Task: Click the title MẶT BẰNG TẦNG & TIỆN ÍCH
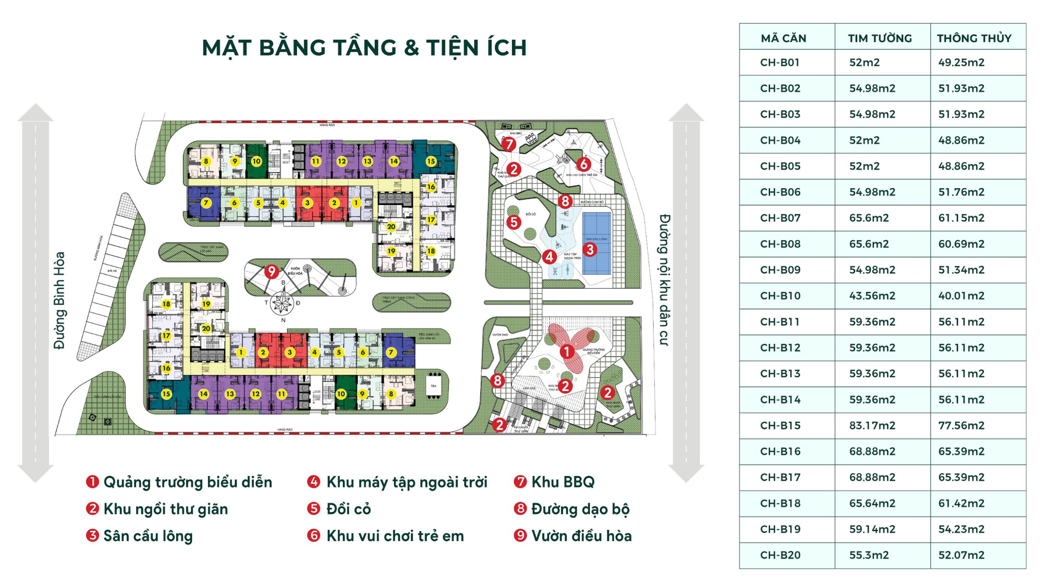click(x=364, y=48)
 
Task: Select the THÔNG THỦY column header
click(x=974, y=38)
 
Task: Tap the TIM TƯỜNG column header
click(x=880, y=38)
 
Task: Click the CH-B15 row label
click(x=780, y=425)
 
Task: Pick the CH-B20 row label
click(x=780, y=555)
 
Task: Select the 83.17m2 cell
click(x=872, y=425)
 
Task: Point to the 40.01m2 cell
click(x=961, y=296)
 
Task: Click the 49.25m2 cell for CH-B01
click(x=961, y=62)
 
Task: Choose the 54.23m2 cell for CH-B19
click(x=961, y=529)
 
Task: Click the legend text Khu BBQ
click(x=563, y=482)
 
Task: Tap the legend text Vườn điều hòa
click(x=581, y=536)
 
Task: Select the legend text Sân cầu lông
click(x=148, y=536)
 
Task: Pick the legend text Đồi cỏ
click(x=348, y=509)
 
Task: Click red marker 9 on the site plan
click(x=271, y=271)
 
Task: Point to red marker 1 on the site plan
click(x=567, y=351)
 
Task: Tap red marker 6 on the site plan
click(x=584, y=164)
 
